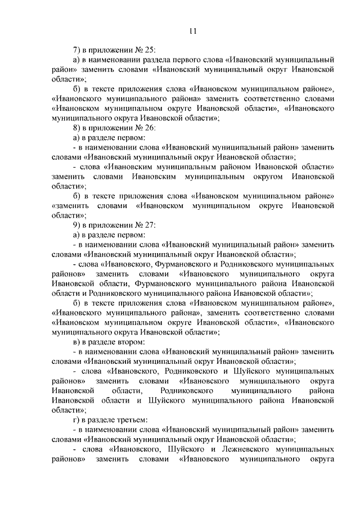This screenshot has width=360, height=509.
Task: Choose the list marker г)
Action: pyautogui.click(x=76, y=420)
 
